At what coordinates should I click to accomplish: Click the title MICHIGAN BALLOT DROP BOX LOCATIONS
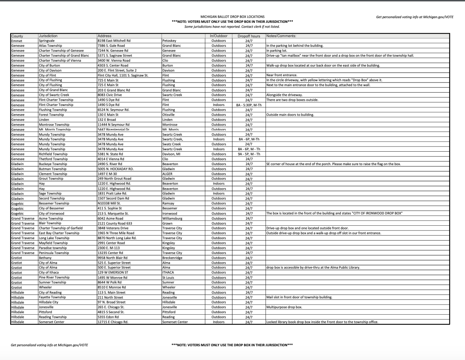coord(232,17)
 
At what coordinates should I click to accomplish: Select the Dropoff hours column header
coord(249,36)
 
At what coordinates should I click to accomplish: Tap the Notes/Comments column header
coord(281,36)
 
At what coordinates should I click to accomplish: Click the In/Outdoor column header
coord(219,36)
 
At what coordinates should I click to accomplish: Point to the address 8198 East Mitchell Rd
coord(114,41)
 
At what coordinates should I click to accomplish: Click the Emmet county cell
coord(17,41)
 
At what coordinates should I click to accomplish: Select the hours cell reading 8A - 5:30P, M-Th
coord(249,105)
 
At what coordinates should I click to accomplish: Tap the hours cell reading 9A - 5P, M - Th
coord(249,154)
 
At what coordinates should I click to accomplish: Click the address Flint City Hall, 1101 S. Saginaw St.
coord(123,75)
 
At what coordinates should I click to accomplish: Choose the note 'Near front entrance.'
coord(282,75)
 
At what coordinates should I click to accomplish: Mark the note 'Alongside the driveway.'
coord(284,95)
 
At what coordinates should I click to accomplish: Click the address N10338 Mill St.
coord(109,204)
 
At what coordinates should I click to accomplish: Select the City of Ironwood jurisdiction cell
coord(51,213)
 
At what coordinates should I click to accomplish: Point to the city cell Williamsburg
coord(172,218)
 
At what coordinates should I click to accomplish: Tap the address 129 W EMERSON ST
coord(113,273)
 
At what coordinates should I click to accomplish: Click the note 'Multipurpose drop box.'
coord(284,307)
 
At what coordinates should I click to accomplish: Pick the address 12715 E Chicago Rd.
coord(113,322)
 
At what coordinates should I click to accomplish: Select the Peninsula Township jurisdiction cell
coord(54,253)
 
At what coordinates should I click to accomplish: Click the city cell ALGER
coord(167,174)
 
